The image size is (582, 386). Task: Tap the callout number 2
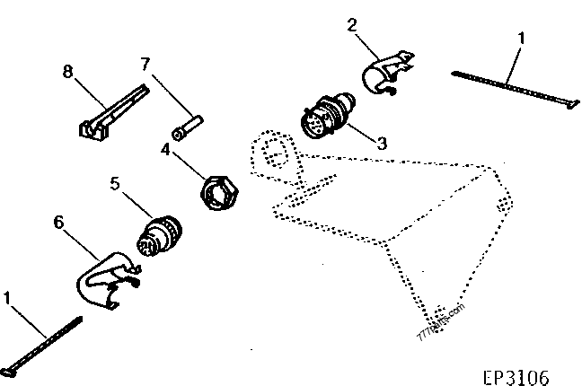[353, 25]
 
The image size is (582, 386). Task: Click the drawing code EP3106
[514, 375]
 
